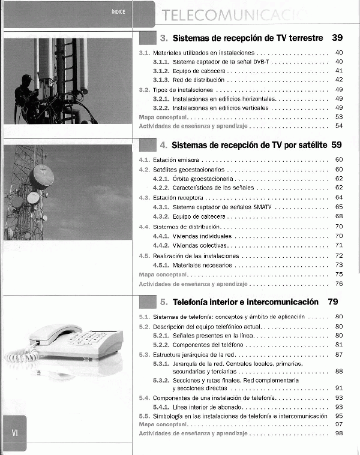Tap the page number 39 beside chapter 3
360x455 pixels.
click(x=337, y=38)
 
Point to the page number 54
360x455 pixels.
click(x=339, y=126)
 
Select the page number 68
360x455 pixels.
click(x=339, y=216)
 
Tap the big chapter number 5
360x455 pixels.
click(x=163, y=302)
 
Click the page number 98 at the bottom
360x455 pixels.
click(x=339, y=433)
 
